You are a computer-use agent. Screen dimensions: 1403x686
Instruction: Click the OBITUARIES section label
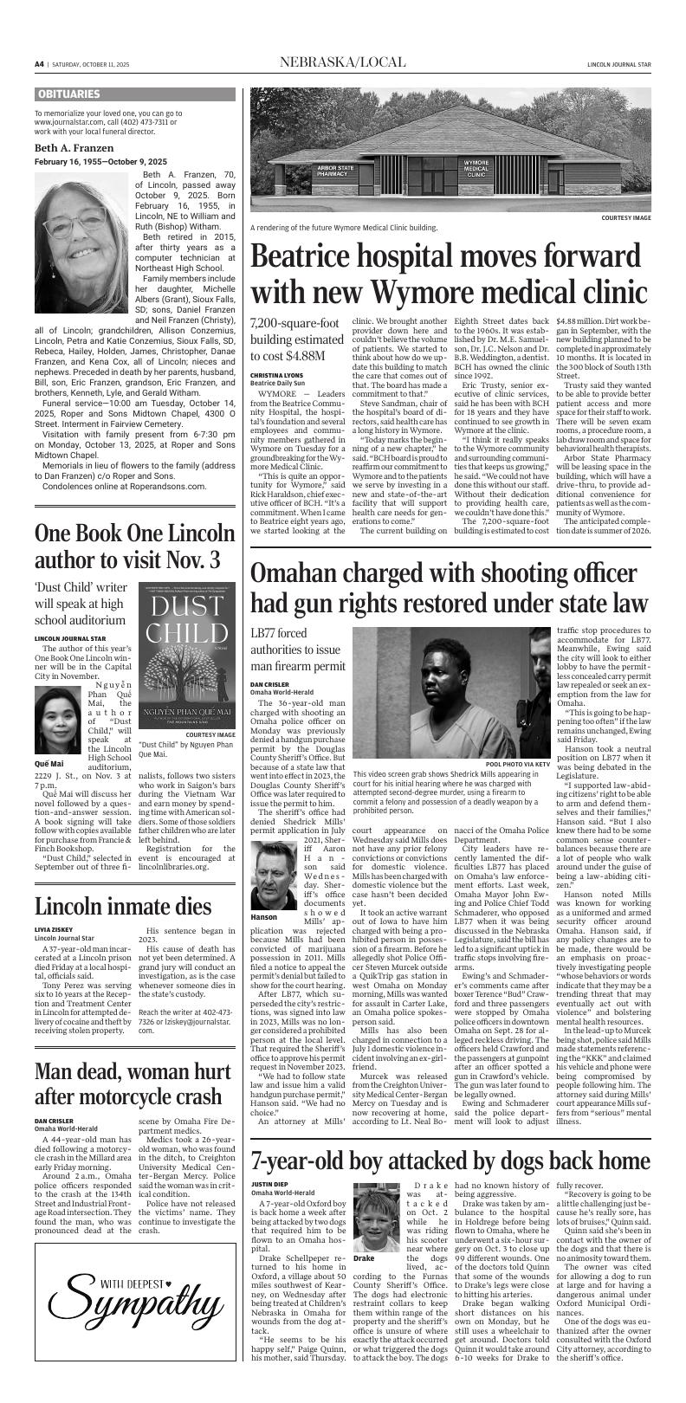point(68,94)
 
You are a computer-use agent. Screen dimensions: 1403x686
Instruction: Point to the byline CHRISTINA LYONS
point(276,374)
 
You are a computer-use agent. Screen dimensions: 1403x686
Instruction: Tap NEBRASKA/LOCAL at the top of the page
point(341,62)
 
